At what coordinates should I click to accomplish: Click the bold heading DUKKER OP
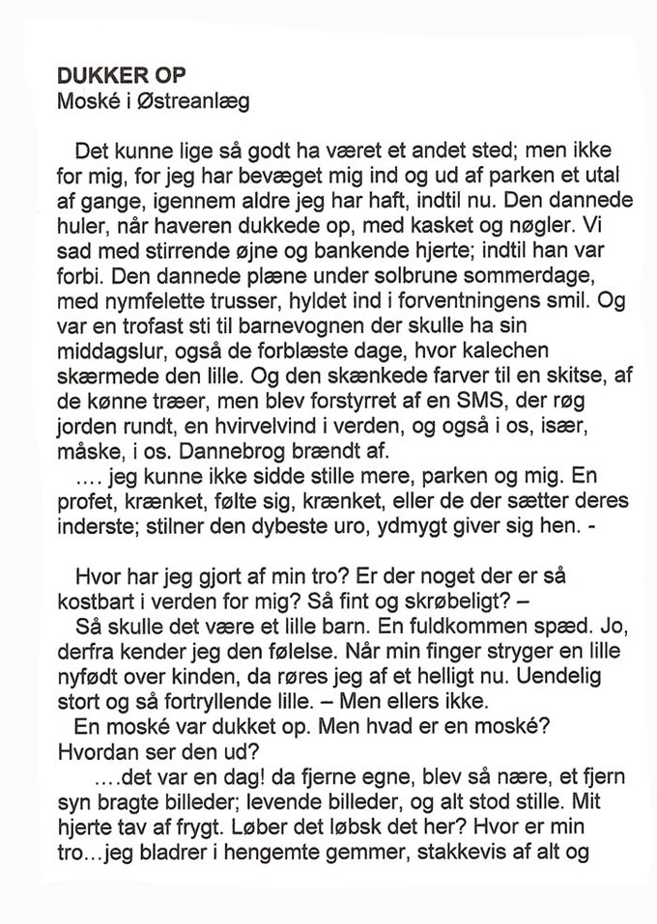[121, 75]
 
